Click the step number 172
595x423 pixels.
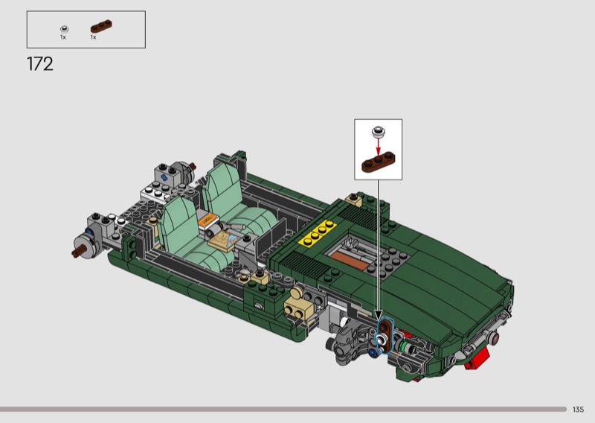(x=40, y=64)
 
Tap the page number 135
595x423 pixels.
(x=578, y=410)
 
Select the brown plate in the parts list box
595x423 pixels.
(x=101, y=26)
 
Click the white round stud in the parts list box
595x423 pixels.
(x=65, y=29)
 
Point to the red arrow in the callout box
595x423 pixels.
(x=378, y=146)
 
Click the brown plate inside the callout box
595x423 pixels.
(x=378, y=162)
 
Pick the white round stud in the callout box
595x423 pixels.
(x=378, y=132)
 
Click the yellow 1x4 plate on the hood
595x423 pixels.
(x=318, y=233)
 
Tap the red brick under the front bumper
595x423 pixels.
(x=477, y=359)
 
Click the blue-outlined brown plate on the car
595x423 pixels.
(x=385, y=335)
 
